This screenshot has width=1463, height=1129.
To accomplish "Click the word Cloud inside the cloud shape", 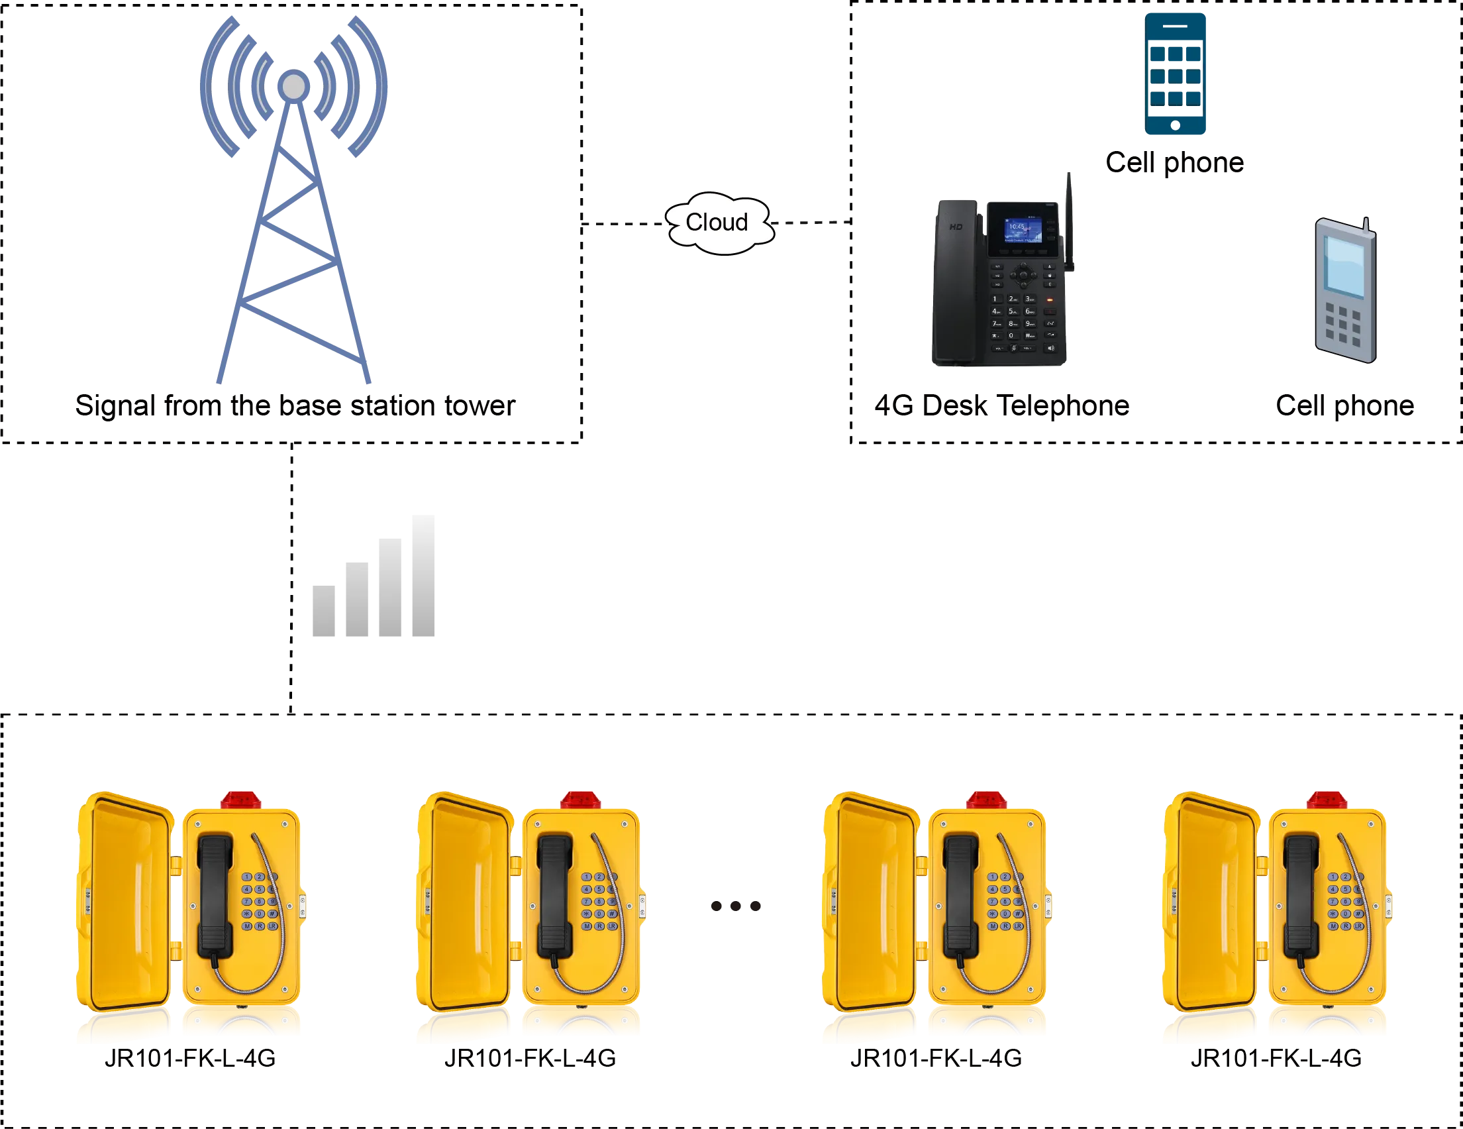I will [x=716, y=222].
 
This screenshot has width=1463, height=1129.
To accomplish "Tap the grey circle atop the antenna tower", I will [x=293, y=86].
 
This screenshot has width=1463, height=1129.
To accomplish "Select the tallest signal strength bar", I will [x=421, y=578].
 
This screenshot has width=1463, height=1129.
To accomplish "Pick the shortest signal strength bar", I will [x=326, y=612].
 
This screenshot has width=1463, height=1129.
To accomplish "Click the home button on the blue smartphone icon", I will [x=1175, y=125].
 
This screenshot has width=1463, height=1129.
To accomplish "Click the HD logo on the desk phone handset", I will [x=956, y=227].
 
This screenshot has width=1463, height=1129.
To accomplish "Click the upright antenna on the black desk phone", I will [x=1070, y=221].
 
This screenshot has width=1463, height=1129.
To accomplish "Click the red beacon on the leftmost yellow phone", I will [x=240, y=798].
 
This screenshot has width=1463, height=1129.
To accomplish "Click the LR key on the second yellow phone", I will [x=611, y=926].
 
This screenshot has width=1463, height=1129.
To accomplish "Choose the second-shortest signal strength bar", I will [x=357, y=601].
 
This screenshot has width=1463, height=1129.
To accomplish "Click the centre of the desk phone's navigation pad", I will [x=1023, y=275].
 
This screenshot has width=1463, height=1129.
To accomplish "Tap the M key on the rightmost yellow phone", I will [x=1333, y=926].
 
